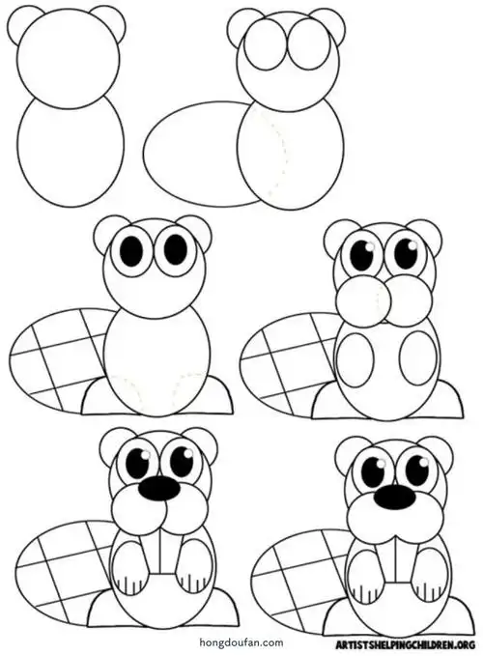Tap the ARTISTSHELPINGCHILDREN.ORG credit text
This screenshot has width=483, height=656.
click(406, 643)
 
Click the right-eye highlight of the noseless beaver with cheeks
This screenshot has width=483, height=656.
click(413, 246)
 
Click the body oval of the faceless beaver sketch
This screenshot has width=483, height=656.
click(71, 152)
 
